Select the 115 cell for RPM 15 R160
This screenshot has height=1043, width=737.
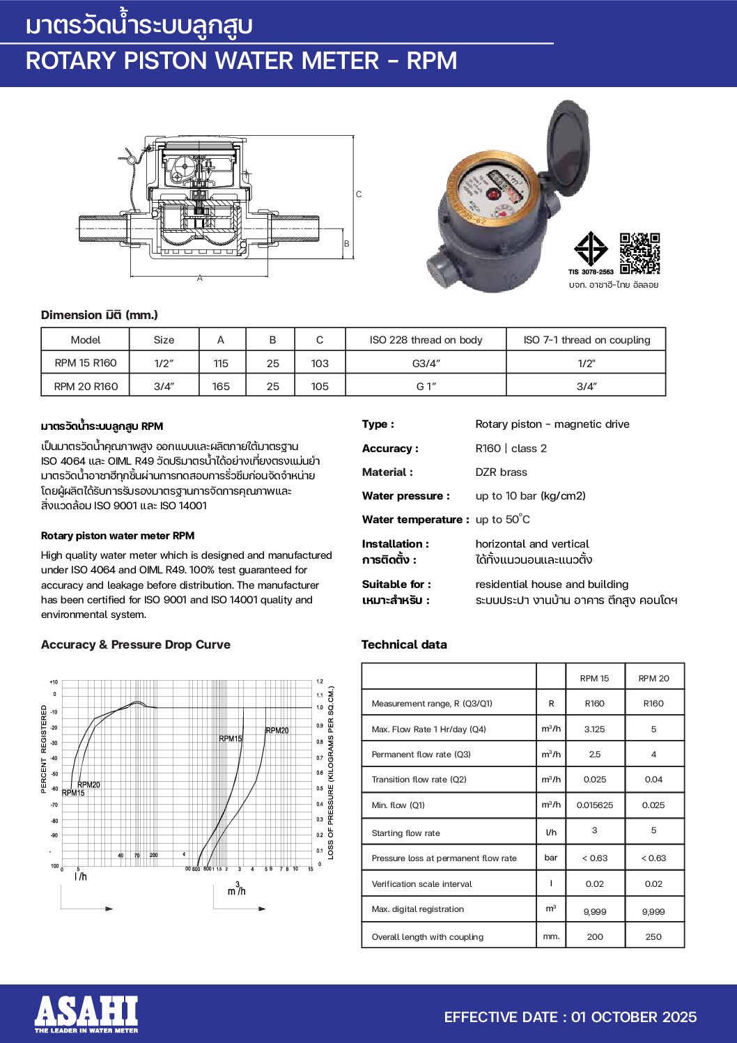[221, 363]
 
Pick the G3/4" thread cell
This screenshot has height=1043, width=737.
[426, 363]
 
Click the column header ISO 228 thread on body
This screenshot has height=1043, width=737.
[426, 340]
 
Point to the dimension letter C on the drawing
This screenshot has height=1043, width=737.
[359, 194]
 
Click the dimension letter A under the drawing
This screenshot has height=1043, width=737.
[200, 278]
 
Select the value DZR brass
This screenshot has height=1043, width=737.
[501, 472]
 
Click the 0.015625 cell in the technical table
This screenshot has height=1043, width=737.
[594, 805]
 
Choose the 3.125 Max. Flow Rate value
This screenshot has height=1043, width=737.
[594, 729]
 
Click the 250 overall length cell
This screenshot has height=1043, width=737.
[653, 937]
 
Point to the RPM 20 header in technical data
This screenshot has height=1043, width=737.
[653, 679]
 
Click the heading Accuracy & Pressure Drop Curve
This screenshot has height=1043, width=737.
[136, 645]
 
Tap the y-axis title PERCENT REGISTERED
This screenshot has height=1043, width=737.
[44, 749]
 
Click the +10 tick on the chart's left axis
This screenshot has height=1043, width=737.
[54, 682]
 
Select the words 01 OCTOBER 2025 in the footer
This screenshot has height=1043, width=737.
[634, 1017]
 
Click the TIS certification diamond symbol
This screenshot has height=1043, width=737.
[591, 249]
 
